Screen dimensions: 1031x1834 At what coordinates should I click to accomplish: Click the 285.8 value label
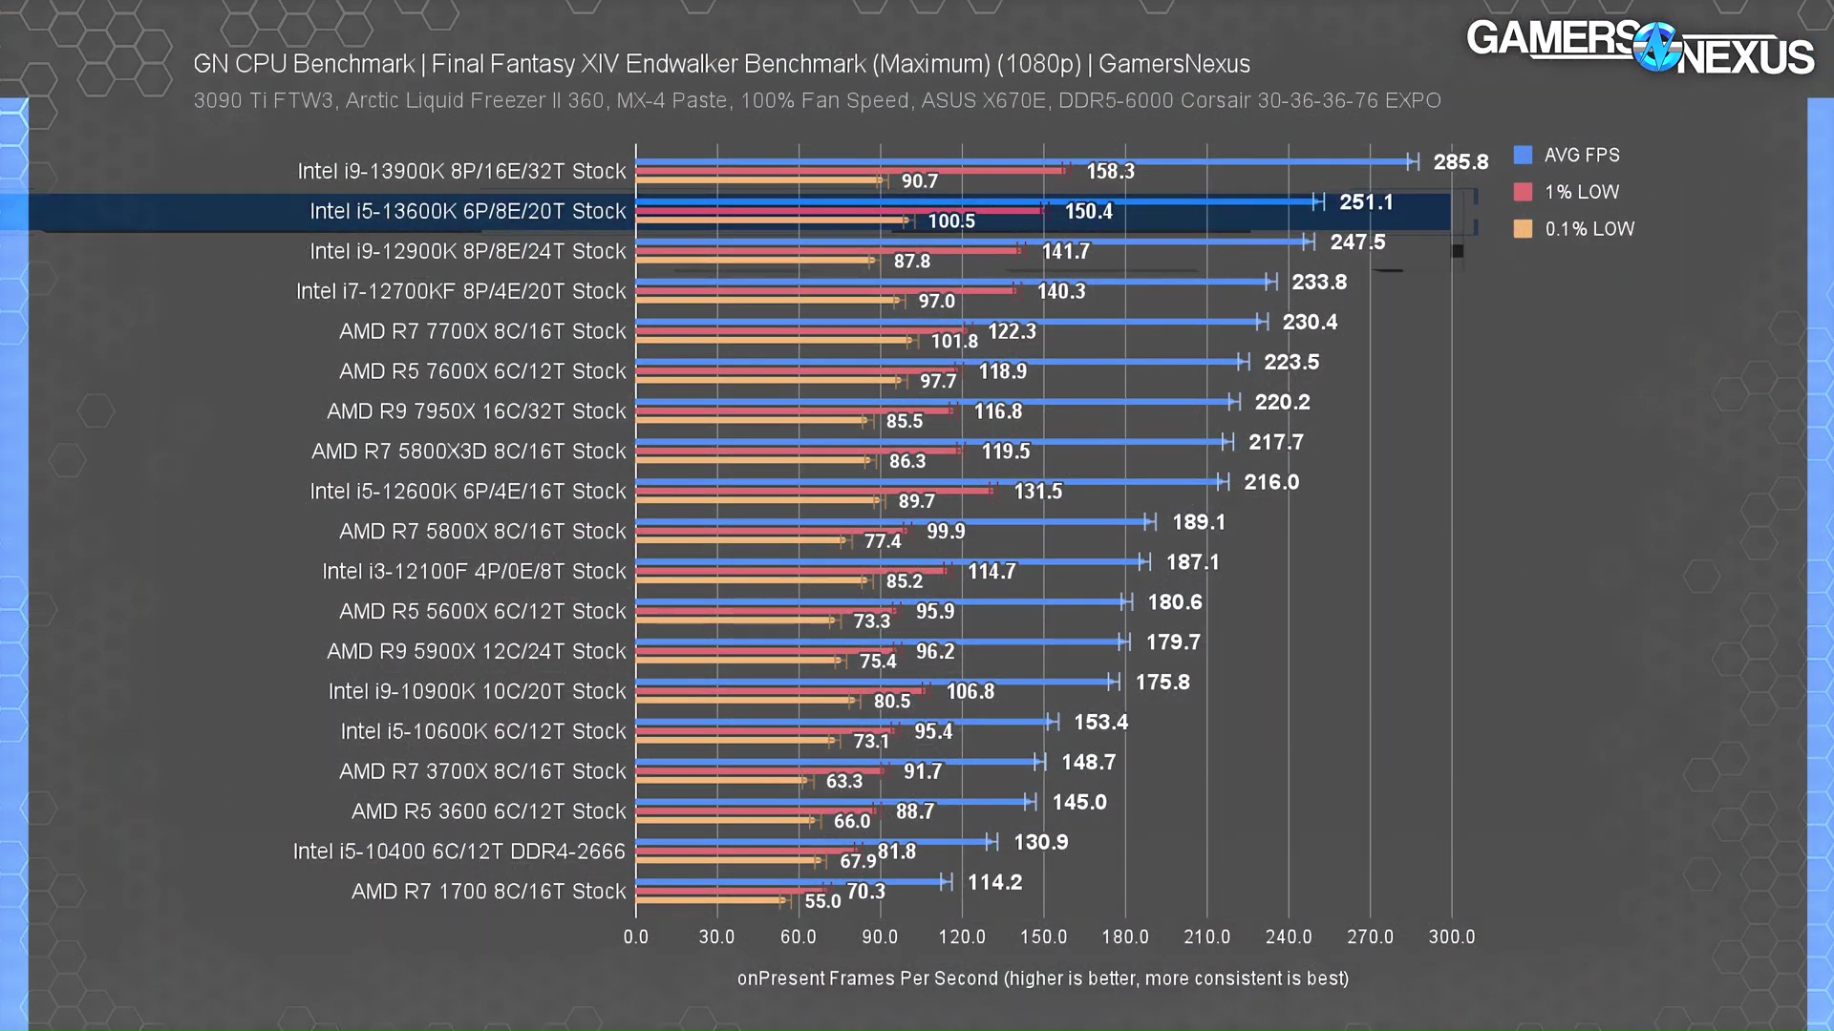(1460, 162)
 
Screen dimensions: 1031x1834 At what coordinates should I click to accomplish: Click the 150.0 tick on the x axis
(1043, 936)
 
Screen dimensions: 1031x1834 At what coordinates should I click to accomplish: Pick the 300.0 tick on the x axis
(1451, 936)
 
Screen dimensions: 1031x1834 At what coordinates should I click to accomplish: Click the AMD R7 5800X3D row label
(468, 452)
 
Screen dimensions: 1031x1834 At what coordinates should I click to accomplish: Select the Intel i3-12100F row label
(474, 572)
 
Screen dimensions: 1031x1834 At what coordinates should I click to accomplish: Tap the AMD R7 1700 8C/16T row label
(488, 892)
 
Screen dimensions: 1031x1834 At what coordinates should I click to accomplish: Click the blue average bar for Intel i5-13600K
(974, 202)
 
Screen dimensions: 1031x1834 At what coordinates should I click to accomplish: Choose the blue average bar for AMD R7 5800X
(893, 522)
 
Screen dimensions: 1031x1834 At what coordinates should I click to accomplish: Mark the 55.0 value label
(822, 901)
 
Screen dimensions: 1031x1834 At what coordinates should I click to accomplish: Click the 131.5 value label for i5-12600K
(1037, 492)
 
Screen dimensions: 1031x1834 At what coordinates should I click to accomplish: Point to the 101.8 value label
(954, 342)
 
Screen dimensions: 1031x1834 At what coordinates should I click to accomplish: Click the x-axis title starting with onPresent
(1042, 978)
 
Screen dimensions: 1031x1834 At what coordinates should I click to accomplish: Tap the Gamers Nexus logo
(1639, 48)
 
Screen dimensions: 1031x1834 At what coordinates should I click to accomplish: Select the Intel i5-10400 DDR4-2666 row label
(458, 852)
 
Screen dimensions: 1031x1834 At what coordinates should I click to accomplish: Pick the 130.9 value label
(1040, 843)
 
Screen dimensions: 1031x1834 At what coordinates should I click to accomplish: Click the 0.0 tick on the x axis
(635, 936)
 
